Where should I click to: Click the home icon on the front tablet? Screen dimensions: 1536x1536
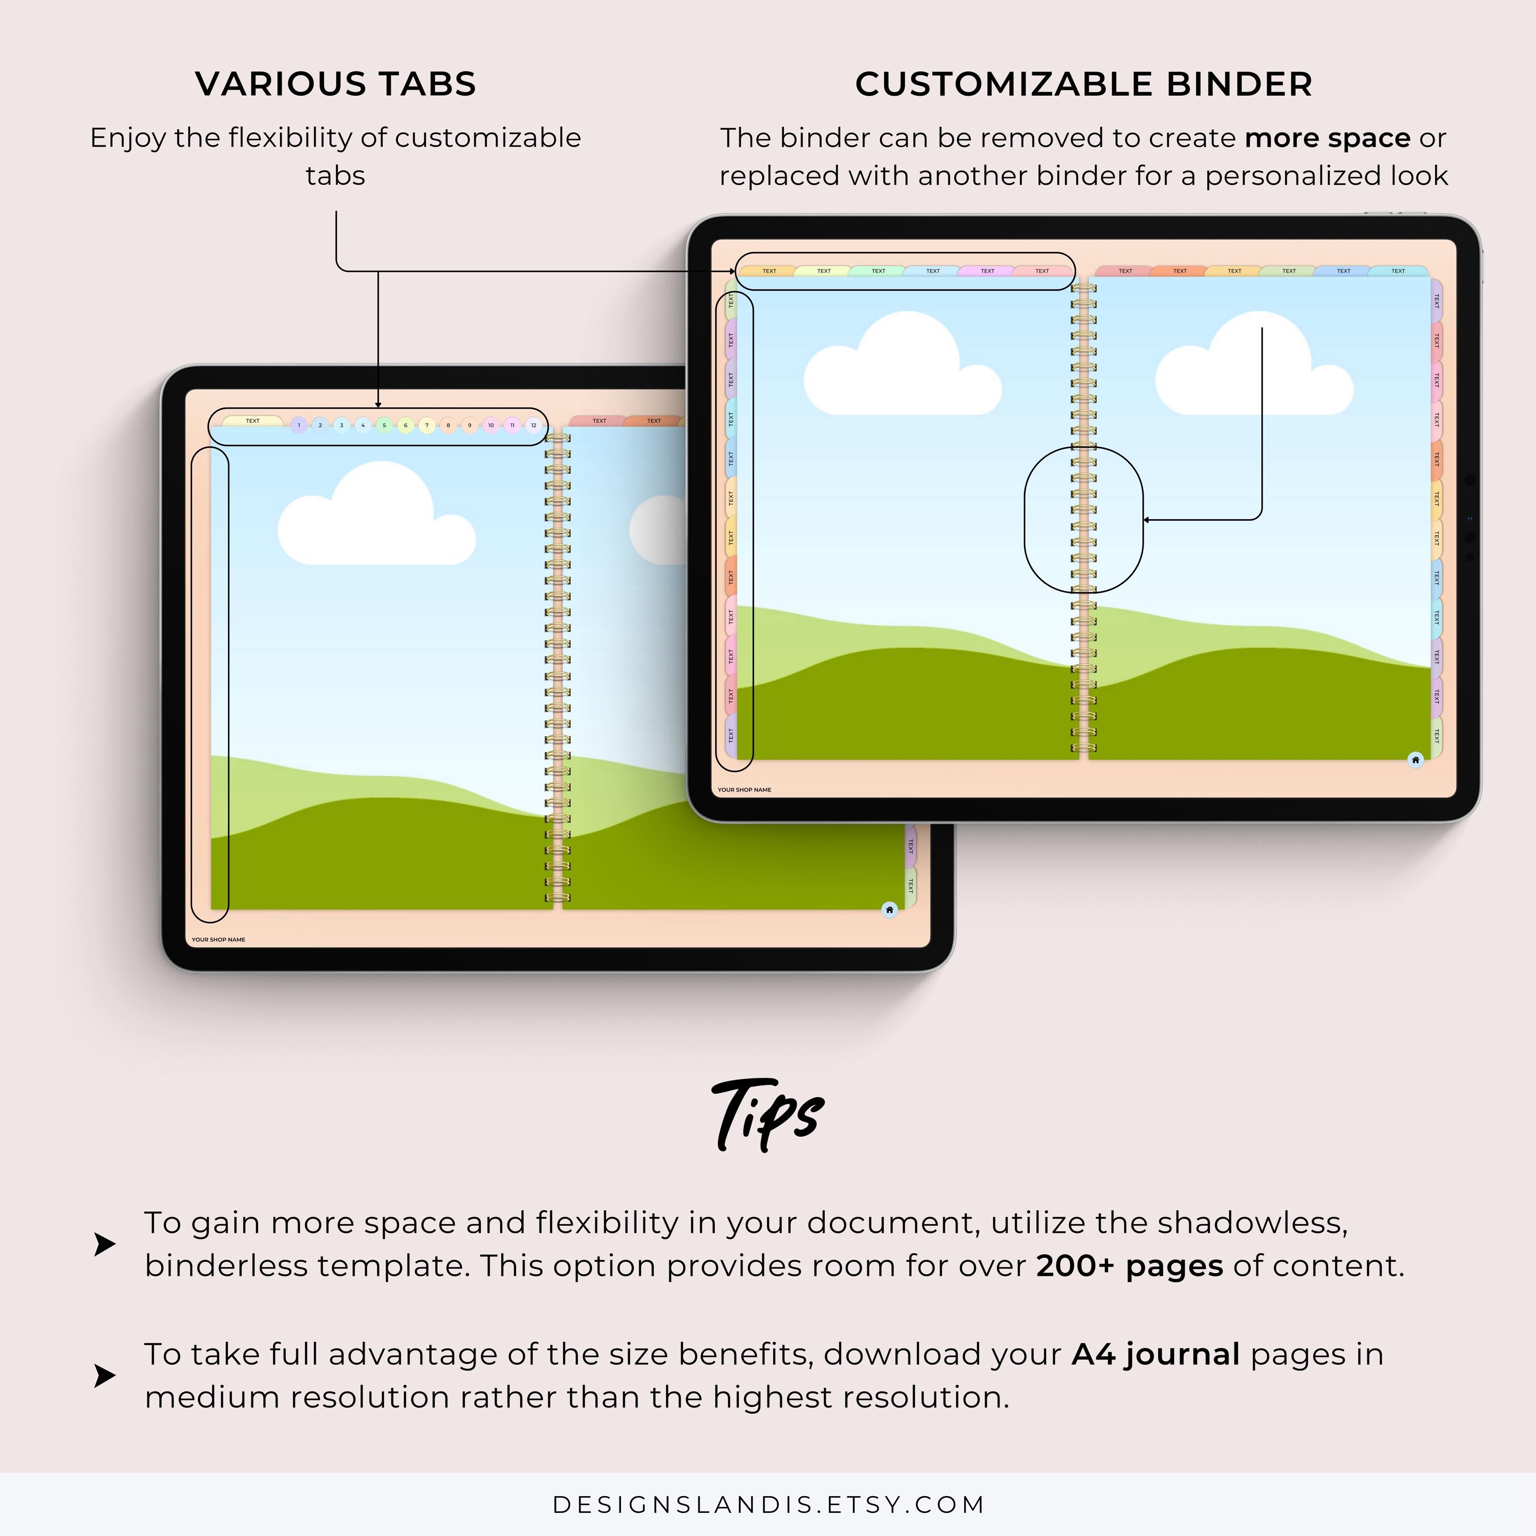click(1415, 760)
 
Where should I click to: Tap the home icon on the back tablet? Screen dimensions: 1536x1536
click(890, 909)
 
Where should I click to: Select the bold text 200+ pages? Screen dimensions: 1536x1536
click(1129, 1266)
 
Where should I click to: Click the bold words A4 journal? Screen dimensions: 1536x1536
click(1155, 1353)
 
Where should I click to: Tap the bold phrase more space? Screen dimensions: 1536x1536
click(1327, 138)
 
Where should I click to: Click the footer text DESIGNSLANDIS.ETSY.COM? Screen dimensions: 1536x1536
click(768, 1504)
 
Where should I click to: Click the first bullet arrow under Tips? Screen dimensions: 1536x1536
click(104, 1244)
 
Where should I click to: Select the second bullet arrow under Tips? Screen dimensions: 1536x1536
click(104, 1375)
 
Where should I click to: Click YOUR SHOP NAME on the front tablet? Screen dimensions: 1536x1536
click(744, 790)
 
